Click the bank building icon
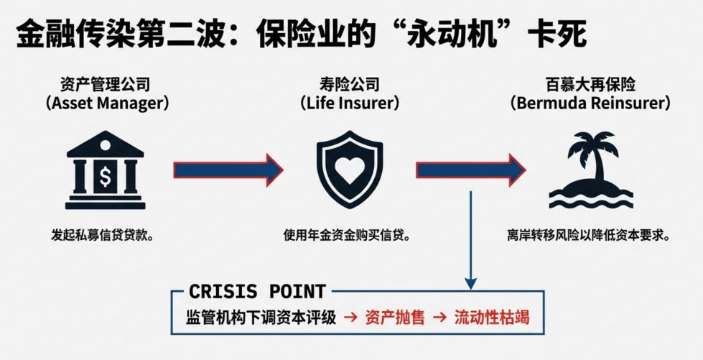(106, 170)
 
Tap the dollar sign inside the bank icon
(106, 177)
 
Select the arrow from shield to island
(470, 170)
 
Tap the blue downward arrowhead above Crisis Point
(470, 282)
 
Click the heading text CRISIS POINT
(256, 292)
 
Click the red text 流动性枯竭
(491, 317)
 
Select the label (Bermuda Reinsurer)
(590, 103)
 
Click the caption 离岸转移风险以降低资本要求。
(588, 235)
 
